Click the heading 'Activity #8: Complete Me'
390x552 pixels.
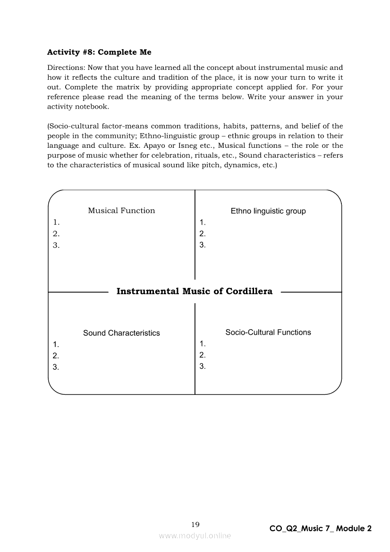coord(99,52)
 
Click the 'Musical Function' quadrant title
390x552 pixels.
coord(121,211)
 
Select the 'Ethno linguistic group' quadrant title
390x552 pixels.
coord(268,211)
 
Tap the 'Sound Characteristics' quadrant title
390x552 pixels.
coord(121,333)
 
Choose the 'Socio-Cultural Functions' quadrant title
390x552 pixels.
coord(268,332)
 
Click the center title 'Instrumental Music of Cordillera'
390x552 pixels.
coord(195,291)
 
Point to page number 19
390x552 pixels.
coord(195,524)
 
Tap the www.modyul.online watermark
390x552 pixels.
coord(195,535)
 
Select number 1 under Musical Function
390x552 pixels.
coord(56,222)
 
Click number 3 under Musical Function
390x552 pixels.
coord(56,245)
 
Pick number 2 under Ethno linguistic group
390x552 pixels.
coord(202,233)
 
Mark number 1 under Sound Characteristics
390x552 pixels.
coord(56,344)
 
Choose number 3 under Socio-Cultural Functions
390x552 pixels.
coord(202,366)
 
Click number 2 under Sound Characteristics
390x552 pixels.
coord(56,356)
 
